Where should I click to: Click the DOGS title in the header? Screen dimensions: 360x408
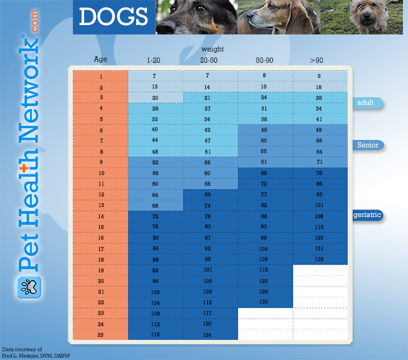114,18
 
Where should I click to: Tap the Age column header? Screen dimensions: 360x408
100,60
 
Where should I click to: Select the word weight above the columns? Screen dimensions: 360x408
212,48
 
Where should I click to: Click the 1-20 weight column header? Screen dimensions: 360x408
154,60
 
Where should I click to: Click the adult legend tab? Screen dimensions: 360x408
367,103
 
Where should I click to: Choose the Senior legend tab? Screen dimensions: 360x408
367,146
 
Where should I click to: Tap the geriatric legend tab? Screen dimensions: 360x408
367,215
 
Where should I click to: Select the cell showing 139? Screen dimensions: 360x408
319,260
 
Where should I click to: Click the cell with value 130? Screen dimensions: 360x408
264,302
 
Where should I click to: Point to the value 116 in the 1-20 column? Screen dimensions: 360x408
154,335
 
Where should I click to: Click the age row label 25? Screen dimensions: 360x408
100,335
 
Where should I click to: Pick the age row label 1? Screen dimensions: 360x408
100,77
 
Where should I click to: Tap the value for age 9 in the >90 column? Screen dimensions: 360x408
319,162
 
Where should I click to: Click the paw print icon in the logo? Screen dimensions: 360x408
28,289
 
